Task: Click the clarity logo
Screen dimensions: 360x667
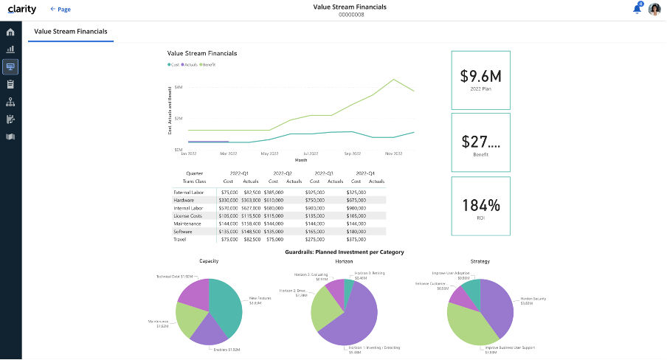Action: (x=21, y=10)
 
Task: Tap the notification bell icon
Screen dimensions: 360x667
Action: (x=637, y=9)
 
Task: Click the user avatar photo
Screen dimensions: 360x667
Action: (x=654, y=10)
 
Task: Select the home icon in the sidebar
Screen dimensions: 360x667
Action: (x=10, y=32)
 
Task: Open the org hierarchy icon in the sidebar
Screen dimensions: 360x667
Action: (x=10, y=102)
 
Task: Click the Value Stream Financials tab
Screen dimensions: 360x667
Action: (x=71, y=32)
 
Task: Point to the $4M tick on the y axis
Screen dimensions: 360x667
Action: (x=179, y=87)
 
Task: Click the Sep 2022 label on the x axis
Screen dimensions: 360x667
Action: (x=352, y=153)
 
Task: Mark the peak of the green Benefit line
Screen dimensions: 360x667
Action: (x=393, y=80)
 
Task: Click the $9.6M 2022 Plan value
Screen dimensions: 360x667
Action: (x=480, y=76)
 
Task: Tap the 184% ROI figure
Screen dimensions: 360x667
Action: (x=480, y=205)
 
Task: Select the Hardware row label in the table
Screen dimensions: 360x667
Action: (x=184, y=200)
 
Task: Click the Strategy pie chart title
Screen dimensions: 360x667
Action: (x=480, y=261)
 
